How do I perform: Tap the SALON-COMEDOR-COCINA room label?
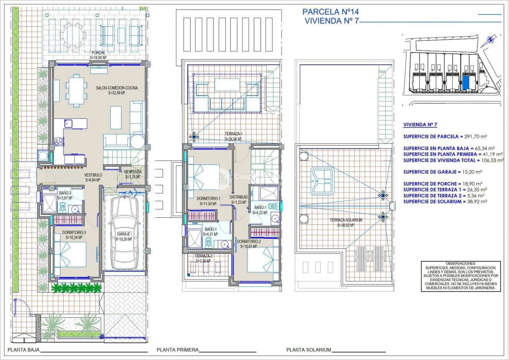tap(117, 88)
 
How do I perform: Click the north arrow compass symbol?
tap(491, 40)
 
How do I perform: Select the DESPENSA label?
tap(133, 172)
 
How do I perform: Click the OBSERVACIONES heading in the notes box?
tap(461, 264)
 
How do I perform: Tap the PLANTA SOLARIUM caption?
tap(309, 350)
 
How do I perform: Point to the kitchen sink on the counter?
tap(68, 123)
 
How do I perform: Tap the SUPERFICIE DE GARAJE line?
tap(442, 172)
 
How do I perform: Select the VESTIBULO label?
tap(93, 175)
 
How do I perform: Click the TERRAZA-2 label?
tap(203, 256)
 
